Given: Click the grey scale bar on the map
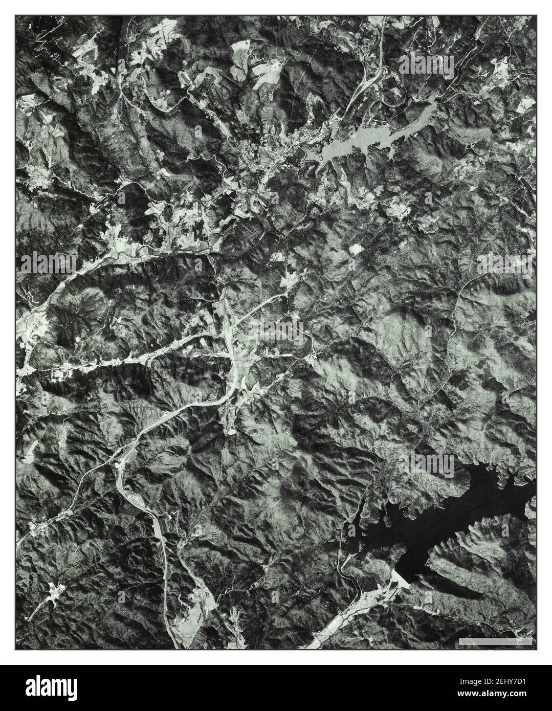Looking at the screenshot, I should coord(495,641).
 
